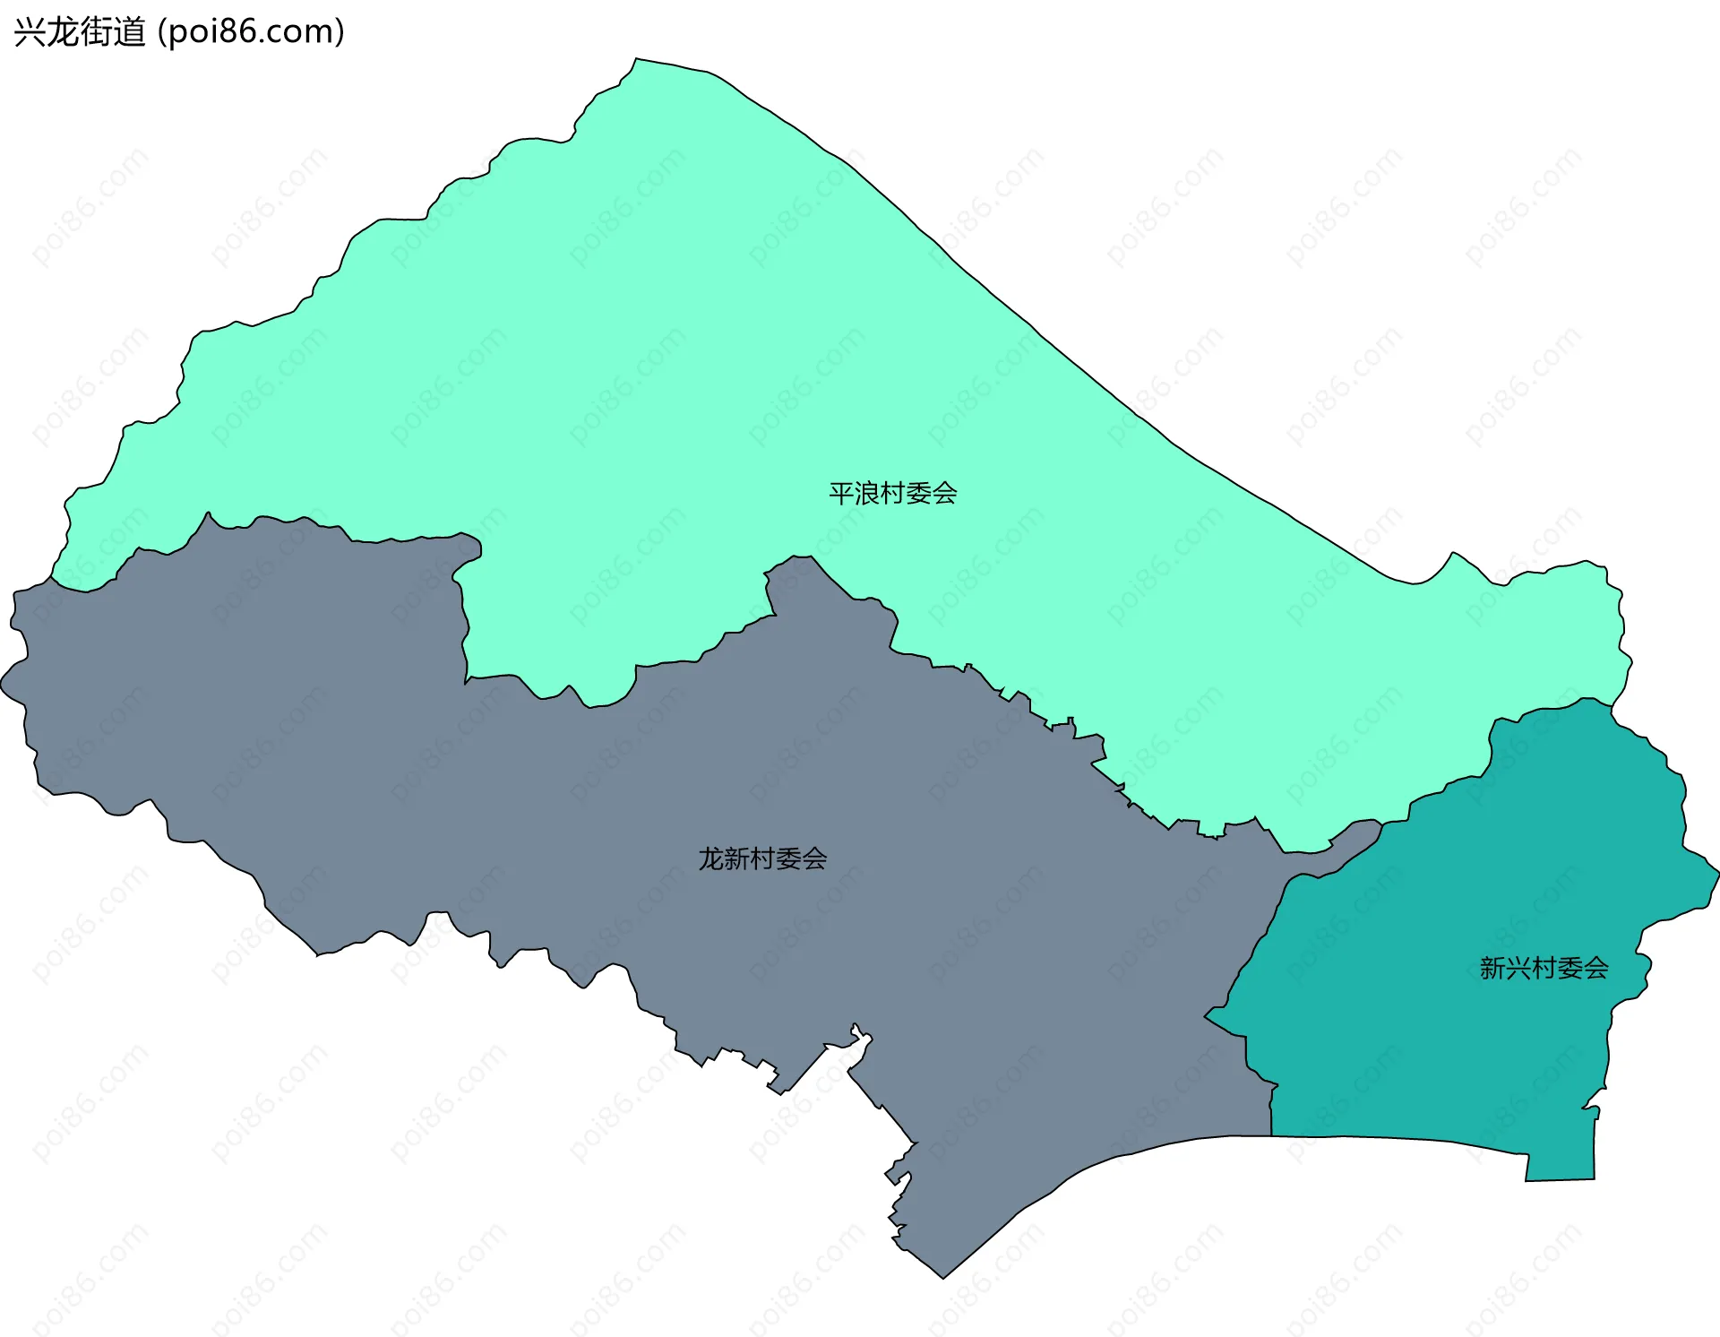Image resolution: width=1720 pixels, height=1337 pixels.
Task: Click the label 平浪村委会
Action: (x=892, y=493)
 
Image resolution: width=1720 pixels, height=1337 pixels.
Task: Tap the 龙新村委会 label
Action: (x=762, y=858)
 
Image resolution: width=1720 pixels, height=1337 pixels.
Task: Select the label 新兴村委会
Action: (x=1544, y=968)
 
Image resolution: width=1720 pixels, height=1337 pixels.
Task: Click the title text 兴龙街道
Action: (x=79, y=32)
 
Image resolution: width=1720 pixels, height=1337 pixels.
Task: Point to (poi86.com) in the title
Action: (x=251, y=32)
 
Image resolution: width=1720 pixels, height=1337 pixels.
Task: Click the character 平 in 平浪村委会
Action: (x=841, y=493)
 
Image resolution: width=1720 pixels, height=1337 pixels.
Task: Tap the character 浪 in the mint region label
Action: (x=867, y=493)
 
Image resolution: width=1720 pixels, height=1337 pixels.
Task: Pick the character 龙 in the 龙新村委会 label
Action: (x=711, y=858)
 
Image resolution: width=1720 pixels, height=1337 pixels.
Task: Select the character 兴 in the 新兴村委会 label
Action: (x=1518, y=968)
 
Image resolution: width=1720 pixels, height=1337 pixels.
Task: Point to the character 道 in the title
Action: (x=129, y=32)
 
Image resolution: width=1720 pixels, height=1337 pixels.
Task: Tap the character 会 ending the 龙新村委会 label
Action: (x=814, y=858)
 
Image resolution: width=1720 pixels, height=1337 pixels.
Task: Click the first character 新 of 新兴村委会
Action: (x=1492, y=968)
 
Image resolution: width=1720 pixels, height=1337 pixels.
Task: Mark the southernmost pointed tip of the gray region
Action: (x=943, y=1277)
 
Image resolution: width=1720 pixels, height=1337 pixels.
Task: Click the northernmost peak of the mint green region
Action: (x=636, y=60)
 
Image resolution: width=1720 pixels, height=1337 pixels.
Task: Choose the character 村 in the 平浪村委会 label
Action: (x=892, y=493)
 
